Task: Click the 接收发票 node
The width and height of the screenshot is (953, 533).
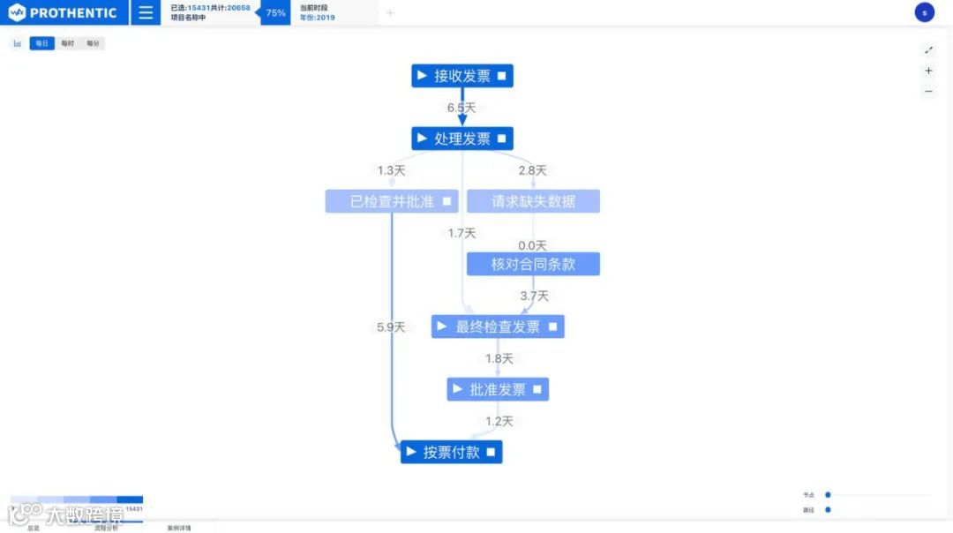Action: (x=461, y=76)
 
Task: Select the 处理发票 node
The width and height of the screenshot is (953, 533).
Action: (x=461, y=139)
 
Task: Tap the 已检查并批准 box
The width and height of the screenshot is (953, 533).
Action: (x=392, y=201)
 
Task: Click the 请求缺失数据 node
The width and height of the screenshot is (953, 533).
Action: (x=533, y=201)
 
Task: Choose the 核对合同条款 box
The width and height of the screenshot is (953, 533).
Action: (x=533, y=264)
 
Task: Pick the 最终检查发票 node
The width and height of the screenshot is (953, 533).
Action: (x=498, y=327)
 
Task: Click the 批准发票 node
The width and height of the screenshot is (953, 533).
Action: (x=498, y=389)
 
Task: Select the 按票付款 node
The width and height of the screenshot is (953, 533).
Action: (x=451, y=452)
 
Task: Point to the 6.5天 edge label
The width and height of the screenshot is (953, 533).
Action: (x=461, y=108)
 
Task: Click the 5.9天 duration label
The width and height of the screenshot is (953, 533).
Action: (x=391, y=327)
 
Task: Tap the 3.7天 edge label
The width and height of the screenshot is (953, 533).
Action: (x=534, y=296)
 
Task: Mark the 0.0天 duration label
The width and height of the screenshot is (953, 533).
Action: (x=532, y=245)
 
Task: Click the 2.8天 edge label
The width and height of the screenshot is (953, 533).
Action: (x=532, y=170)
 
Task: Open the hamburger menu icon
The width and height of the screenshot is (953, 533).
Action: (x=146, y=13)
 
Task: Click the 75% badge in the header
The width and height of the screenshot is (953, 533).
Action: (x=275, y=13)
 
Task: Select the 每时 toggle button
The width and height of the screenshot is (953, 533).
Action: (x=67, y=43)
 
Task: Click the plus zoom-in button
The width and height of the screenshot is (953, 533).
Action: (x=928, y=71)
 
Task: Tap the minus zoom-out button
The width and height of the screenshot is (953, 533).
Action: (x=928, y=91)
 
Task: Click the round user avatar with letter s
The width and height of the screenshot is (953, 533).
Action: (x=924, y=12)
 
